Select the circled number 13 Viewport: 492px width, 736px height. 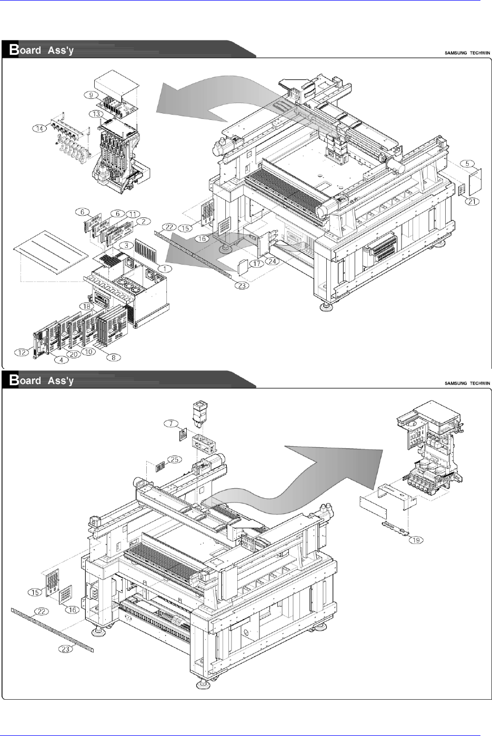point(95,114)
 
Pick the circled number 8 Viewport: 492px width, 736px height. point(114,357)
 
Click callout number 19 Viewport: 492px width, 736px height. point(416,540)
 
